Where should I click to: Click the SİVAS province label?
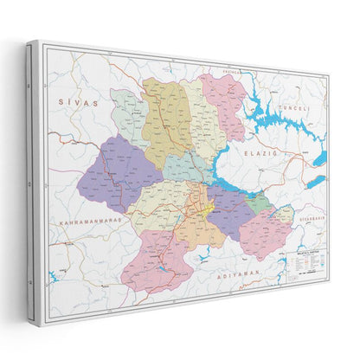click(x=74, y=103)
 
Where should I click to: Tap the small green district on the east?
click(x=258, y=203)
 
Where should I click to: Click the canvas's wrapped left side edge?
click(x=33, y=173)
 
